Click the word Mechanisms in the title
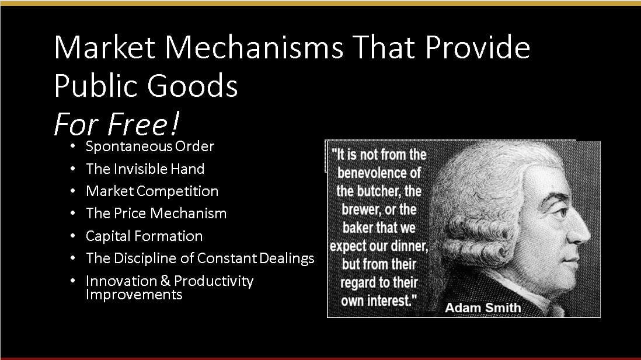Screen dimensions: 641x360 tap(255, 47)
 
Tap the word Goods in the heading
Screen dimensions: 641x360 tap(192, 85)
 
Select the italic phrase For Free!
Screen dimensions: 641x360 tap(117, 124)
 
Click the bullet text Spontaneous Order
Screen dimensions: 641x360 tap(149, 146)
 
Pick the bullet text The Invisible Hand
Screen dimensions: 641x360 tap(145, 169)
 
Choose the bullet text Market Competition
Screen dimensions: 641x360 tap(152, 191)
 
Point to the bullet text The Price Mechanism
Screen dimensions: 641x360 tap(156, 214)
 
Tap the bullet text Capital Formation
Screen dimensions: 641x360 tap(144, 236)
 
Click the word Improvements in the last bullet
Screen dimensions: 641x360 tap(134, 294)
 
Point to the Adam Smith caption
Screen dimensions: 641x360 tap(483, 307)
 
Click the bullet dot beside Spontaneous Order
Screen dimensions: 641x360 tap(73, 146)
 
